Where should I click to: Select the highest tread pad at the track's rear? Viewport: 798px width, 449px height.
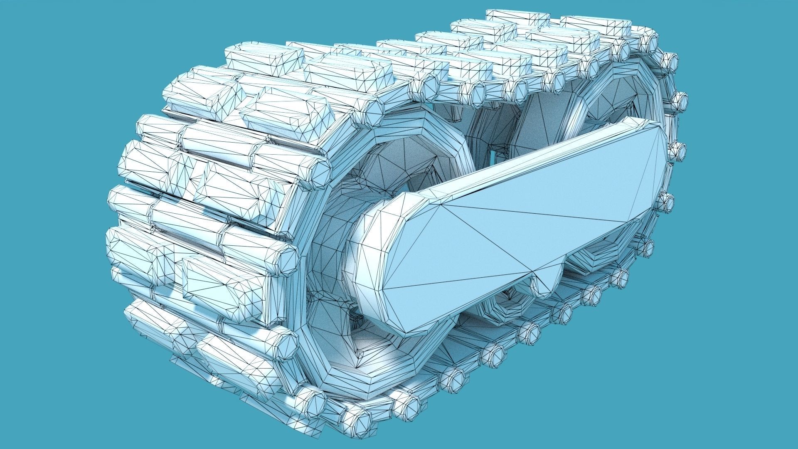point(517,17)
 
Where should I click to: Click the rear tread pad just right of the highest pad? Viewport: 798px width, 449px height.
point(594,23)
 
